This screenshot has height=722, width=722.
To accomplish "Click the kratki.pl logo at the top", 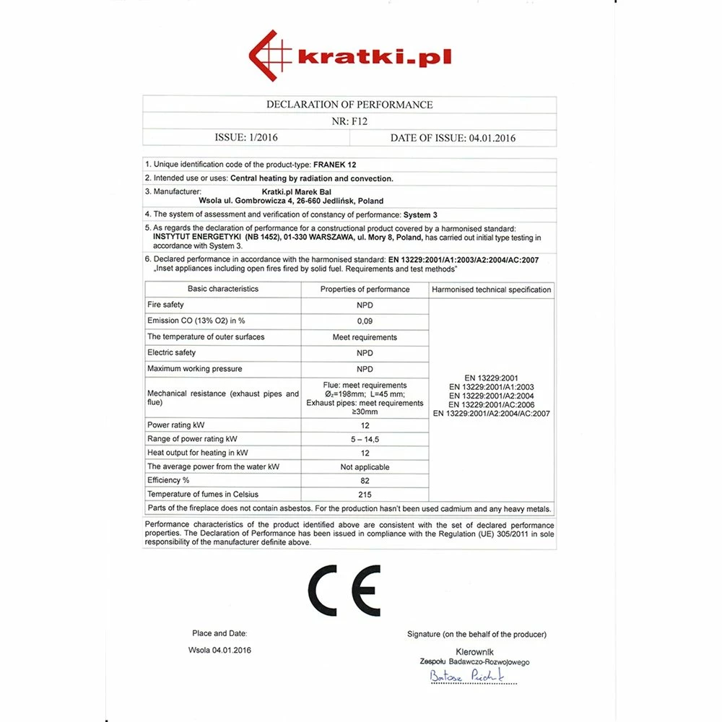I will [350, 56].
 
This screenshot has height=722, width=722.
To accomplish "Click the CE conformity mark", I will [344, 590].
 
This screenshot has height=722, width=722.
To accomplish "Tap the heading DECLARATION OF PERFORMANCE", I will [349, 105].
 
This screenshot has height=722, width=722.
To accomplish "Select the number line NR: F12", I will [349, 121].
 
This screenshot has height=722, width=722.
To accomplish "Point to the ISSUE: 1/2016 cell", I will [246, 138].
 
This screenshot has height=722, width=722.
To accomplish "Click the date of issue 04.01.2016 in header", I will [453, 138].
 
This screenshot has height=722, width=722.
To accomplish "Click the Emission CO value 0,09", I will [365, 321].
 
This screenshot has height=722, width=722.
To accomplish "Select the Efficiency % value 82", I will [365, 480].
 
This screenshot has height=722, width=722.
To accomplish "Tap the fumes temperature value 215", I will [365, 495].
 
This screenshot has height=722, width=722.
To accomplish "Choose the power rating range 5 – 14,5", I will [365, 439].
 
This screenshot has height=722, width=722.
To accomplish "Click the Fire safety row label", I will [165, 305].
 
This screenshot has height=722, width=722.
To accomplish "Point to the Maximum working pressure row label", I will [194, 369].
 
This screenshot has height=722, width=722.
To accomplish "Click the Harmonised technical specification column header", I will [492, 290].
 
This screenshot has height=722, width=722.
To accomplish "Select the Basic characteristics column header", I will [222, 289].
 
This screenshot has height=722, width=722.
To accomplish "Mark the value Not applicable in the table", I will [365, 467].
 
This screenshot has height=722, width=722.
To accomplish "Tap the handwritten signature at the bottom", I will [466, 677].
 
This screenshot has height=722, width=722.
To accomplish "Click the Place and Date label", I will [219, 633].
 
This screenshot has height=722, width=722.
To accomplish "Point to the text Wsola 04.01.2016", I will [219, 650].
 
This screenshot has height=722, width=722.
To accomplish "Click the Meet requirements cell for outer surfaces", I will [365, 337].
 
